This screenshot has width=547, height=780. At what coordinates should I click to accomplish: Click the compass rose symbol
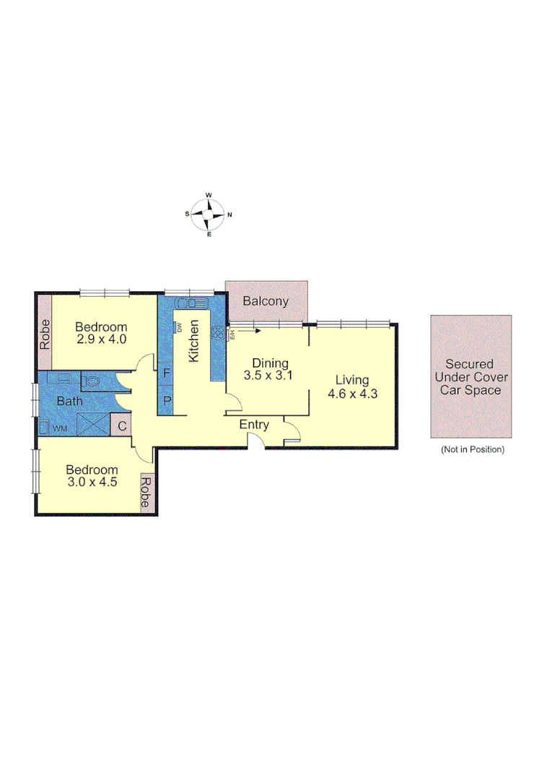(209, 214)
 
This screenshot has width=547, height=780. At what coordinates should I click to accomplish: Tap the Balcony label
(266, 301)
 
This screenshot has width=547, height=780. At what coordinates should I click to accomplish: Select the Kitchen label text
(193, 341)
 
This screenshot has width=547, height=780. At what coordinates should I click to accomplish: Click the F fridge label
(166, 374)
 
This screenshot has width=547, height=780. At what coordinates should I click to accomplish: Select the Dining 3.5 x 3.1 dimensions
(270, 376)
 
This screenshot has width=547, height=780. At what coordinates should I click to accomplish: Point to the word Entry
(254, 425)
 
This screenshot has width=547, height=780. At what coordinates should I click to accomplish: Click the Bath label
(71, 402)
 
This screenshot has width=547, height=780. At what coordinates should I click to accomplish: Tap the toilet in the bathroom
(92, 381)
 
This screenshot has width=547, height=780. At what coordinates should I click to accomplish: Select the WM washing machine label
(60, 429)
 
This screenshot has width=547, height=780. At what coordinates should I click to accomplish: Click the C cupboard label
(122, 426)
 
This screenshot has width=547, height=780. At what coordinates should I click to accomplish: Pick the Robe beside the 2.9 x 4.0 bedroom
(45, 334)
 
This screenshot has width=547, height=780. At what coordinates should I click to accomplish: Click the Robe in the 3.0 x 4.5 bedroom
(146, 494)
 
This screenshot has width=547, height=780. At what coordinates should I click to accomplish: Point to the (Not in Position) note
(472, 449)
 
